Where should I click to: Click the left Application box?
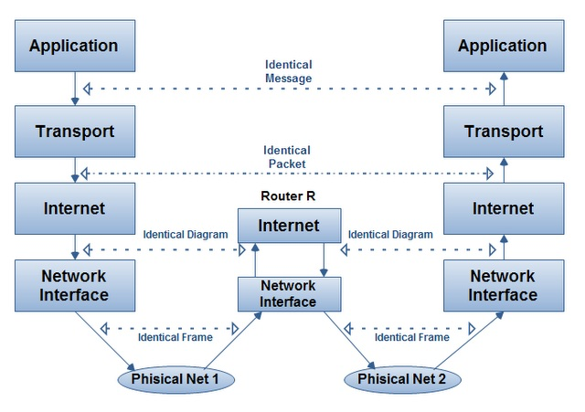coord(74,46)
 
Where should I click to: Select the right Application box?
coord(502,46)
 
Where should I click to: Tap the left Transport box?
coord(74,130)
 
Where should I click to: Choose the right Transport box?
coord(502,132)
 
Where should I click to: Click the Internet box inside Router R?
coord(289,226)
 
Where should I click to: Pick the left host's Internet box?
coord(74,208)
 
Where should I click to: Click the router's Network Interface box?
coord(289,293)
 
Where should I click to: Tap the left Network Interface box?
coord(74,284)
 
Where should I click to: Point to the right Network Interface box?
coord(502,284)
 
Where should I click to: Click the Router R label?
coord(289,195)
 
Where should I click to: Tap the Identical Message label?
coord(288,72)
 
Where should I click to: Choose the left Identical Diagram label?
coord(186,235)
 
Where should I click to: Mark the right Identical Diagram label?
coord(390,235)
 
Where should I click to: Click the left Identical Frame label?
coord(175,337)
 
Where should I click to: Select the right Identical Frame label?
coord(411,337)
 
